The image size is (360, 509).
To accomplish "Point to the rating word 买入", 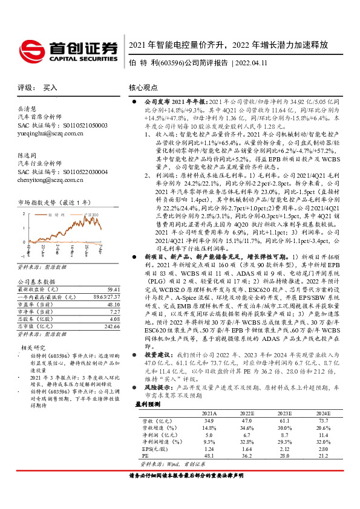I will pyautogui.click(x=50, y=87).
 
